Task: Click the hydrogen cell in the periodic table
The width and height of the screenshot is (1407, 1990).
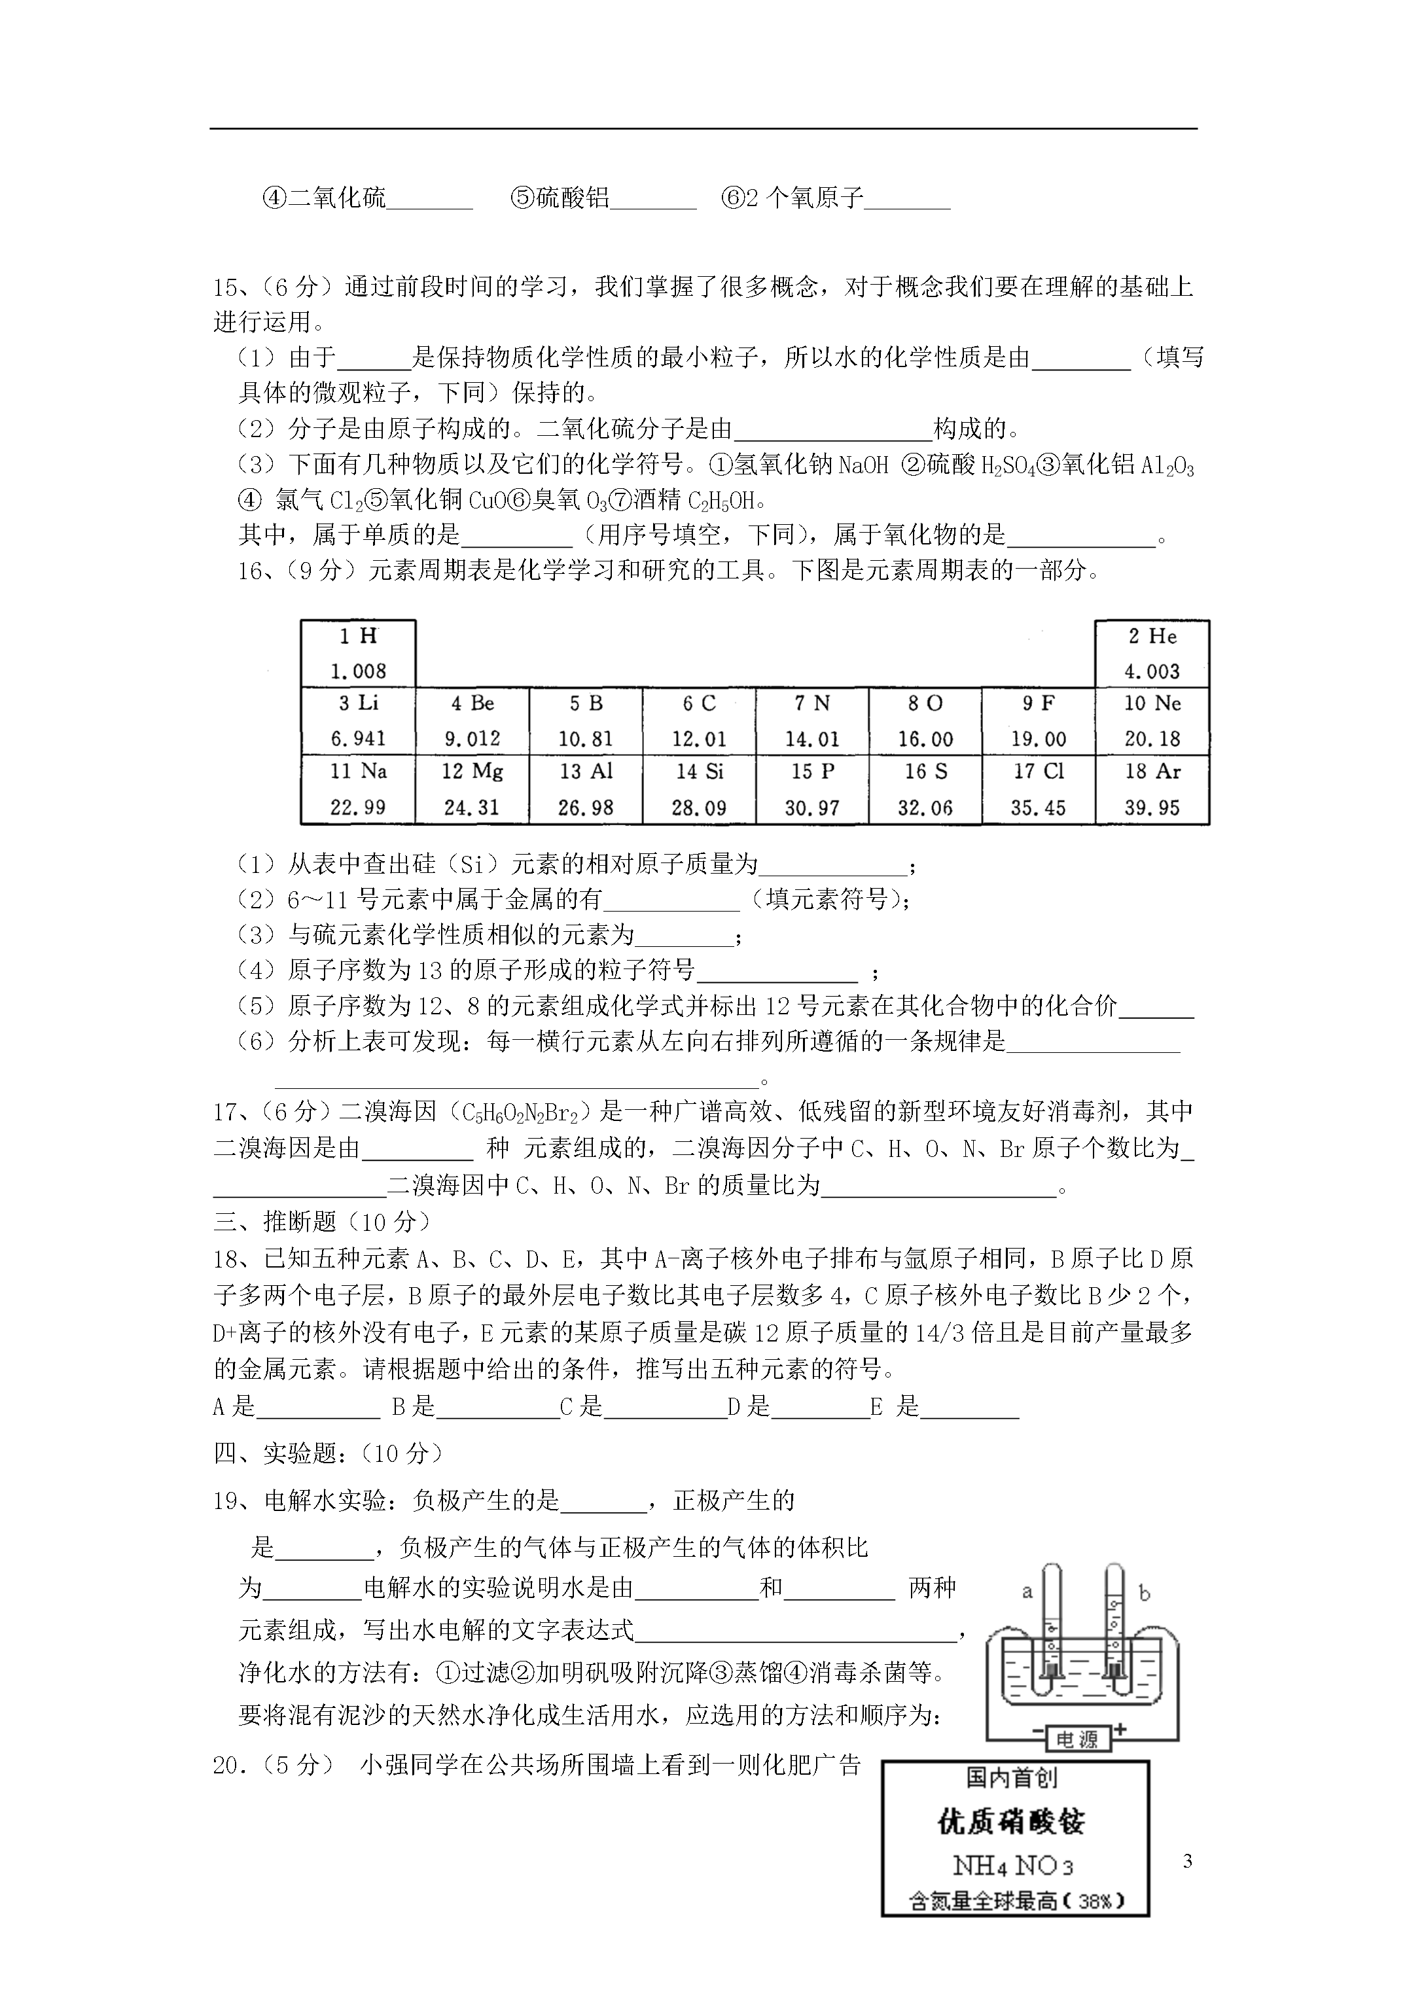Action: [358, 654]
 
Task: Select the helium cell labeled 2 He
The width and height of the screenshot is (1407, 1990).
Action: [1152, 654]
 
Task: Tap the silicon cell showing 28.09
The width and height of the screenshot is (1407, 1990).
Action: [699, 789]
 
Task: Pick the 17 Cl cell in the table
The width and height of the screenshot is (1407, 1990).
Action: [1039, 789]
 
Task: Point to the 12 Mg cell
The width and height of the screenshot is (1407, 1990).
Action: [472, 789]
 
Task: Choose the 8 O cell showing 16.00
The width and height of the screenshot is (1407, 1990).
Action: [925, 720]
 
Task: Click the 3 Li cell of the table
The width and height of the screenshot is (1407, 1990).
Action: [358, 720]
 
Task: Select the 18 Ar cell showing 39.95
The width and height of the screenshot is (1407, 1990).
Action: [1152, 789]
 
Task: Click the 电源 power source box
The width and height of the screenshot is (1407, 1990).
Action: [1077, 1739]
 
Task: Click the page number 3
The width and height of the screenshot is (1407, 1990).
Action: [1187, 1861]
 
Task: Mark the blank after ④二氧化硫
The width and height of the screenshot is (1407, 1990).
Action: [430, 200]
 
